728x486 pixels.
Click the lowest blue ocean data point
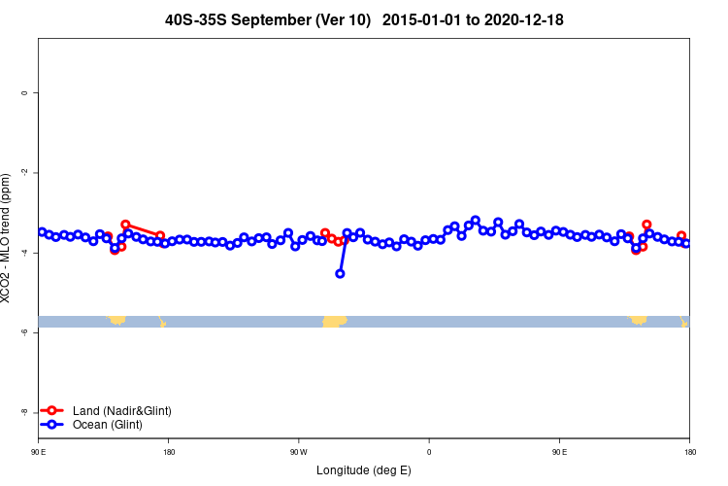(x=340, y=273)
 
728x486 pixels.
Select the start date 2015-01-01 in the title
(x=429, y=19)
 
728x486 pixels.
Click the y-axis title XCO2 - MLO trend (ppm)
(x=8, y=239)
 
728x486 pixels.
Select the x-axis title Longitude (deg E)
(x=364, y=470)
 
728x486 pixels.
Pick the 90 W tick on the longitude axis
(x=298, y=452)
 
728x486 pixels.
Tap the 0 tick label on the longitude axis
(x=429, y=452)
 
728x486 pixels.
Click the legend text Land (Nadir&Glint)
(x=121, y=411)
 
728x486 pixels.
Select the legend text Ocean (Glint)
(x=107, y=425)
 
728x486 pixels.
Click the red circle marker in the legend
(x=53, y=411)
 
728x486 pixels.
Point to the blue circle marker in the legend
(x=53, y=425)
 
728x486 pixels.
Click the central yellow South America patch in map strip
(x=334, y=321)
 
